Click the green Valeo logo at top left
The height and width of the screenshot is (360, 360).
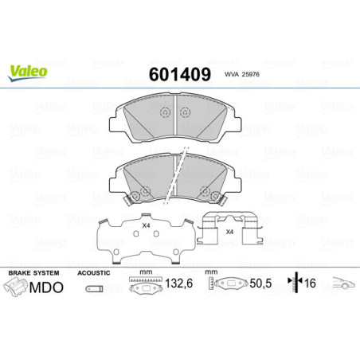click(x=29, y=71)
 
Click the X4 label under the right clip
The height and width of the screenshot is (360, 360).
click(x=229, y=232)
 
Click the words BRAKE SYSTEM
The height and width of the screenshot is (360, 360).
click(x=29, y=272)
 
